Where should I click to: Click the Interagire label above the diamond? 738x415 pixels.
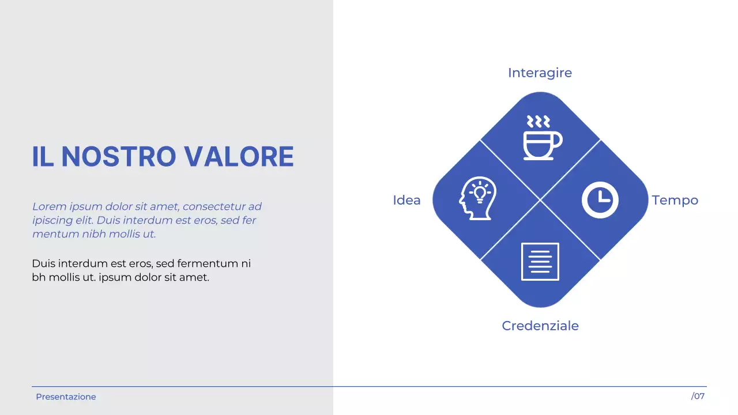(x=540, y=73)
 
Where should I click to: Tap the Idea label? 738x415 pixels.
(x=406, y=200)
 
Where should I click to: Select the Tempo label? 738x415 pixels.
(x=675, y=200)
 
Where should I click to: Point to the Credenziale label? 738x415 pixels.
(x=540, y=326)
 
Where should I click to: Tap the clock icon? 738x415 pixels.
(x=600, y=200)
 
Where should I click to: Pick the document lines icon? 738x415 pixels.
(x=540, y=262)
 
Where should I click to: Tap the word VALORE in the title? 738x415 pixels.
(x=239, y=157)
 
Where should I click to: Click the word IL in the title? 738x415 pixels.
(x=43, y=157)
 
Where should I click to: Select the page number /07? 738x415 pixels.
(x=698, y=396)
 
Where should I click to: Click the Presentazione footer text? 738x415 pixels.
(x=66, y=397)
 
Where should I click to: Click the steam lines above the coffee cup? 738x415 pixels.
(x=539, y=121)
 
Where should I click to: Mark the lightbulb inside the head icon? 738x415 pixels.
(x=479, y=191)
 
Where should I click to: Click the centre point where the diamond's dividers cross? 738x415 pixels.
(x=540, y=200)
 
